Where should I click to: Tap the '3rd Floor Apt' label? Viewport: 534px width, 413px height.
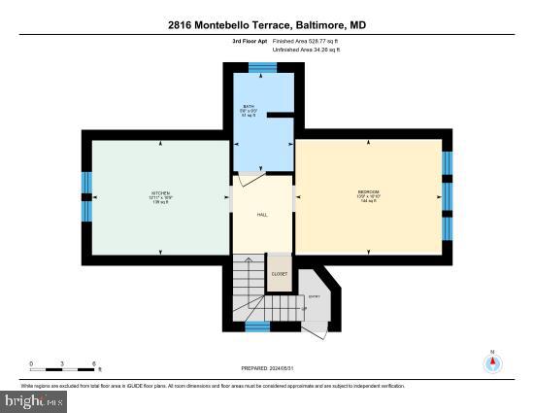250,42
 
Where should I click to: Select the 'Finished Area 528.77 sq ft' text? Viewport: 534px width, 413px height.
307,42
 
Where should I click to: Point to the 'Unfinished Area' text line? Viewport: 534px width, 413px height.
307,50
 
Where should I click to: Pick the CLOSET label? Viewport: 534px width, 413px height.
279,274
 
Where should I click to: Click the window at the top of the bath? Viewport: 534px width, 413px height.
262,67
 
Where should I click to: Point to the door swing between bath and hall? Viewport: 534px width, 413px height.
249,181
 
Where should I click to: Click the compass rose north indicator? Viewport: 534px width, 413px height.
493,362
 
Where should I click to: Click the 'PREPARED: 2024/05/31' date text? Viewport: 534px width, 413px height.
267,369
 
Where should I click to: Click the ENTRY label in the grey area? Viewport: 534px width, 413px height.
314,296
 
